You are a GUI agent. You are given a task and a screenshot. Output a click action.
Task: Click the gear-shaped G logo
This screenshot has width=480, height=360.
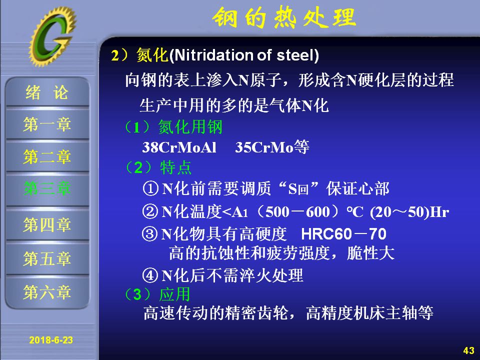point(52,36)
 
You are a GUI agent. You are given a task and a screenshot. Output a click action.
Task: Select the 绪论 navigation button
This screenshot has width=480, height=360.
point(47,92)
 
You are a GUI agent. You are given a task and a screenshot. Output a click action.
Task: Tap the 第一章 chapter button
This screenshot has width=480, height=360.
point(47,124)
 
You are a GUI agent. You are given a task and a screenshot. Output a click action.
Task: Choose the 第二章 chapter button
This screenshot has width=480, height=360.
point(47,156)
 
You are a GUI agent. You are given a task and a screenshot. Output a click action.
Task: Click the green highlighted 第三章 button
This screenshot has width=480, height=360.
point(47,188)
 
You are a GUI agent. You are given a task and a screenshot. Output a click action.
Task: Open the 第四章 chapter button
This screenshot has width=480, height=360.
point(47,224)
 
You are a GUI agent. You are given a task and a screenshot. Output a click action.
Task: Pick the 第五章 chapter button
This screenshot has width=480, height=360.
point(47,258)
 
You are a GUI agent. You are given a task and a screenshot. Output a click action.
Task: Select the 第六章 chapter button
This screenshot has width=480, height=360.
point(47,292)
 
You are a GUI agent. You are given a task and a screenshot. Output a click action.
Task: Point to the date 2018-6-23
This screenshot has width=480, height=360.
point(51,340)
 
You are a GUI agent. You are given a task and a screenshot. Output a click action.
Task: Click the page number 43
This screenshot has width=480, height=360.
point(468,350)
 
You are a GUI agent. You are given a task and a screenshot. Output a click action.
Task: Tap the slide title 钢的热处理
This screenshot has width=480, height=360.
point(284,18)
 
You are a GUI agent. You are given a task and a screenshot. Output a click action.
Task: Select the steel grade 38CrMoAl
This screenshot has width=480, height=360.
point(179,147)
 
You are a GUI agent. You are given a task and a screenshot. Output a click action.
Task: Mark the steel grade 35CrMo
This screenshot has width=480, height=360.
point(264,147)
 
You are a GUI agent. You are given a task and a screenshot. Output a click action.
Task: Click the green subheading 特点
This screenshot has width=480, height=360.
point(175,168)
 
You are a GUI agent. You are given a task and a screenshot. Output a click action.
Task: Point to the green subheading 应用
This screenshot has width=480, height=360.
point(175,294)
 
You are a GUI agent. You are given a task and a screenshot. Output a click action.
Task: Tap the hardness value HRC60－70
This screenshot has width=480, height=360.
point(344,234)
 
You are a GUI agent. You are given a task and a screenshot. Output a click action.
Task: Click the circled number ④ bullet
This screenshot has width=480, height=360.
point(150,275)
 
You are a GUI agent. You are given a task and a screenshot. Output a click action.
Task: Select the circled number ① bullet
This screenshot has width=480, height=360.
point(150,188)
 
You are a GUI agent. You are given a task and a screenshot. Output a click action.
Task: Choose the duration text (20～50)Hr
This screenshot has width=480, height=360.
point(409,212)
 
